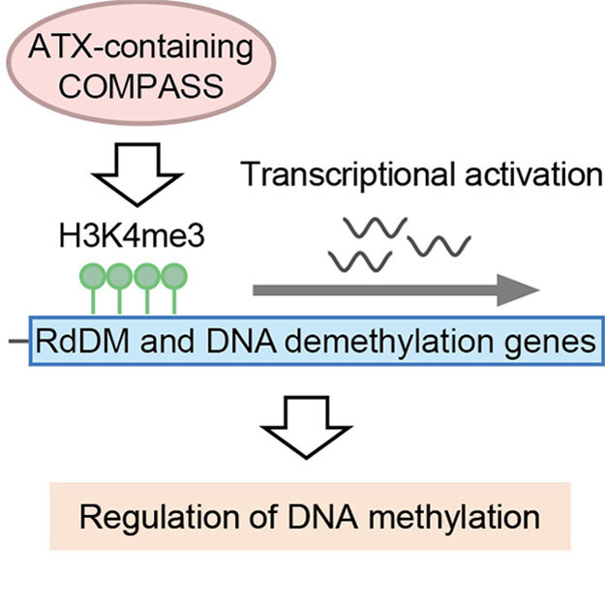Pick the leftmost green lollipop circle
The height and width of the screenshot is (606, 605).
pyautogui.click(x=91, y=277)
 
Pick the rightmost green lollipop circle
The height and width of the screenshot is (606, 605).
pyautogui.click(x=175, y=277)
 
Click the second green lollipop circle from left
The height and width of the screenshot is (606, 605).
pyautogui.click(x=119, y=277)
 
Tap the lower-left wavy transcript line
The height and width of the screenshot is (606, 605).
pyautogui.click(x=356, y=258)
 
